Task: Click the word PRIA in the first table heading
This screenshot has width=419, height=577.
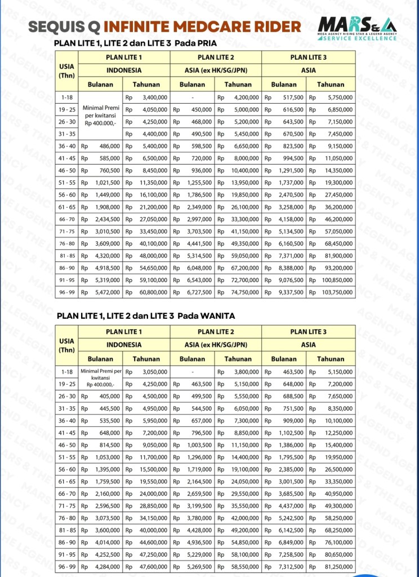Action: pyautogui.click(x=206, y=43)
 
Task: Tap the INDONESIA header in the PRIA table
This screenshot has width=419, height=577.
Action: pyautogui.click(x=124, y=71)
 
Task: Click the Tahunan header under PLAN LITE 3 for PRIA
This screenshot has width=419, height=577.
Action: pyautogui.click(x=330, y=85)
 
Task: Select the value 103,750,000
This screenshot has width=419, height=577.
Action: pyautogui.click(x=337, y=293)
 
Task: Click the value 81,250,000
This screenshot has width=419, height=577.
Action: pyautogui.click(x=338, y=567)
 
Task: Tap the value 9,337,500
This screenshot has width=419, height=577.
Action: pyautogui.click(x=291, y=293)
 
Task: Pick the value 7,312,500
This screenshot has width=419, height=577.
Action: pyautogui.click(x=291, y=567)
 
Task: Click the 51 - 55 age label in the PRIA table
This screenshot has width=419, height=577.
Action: pyautogui.click(x=67, y=183)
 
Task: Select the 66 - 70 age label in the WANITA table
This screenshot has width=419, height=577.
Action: pyautogui.click(x=67, y=494)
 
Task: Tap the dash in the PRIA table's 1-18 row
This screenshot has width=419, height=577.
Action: pyautogui.click(x=193, y=98)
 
